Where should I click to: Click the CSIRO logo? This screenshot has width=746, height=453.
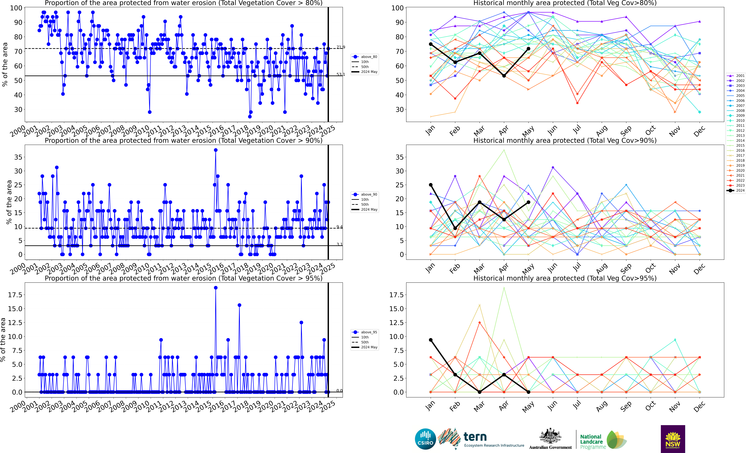coord(425,439)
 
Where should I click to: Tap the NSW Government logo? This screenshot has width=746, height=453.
coord(673,439)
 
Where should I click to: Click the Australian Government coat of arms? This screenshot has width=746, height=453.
coord(550,436)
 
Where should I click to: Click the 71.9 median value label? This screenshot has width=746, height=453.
coord(341,47)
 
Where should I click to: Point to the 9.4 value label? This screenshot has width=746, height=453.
coord(339,227)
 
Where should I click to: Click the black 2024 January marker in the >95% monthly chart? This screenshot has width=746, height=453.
coord(431,340)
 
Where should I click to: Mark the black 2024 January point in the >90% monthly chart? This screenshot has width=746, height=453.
coord(431,185)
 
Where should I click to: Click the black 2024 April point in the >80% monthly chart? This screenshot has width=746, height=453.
coord(504,76)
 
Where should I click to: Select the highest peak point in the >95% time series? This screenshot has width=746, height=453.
coord(216,288)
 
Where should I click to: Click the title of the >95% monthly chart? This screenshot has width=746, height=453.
coord(565,278)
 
